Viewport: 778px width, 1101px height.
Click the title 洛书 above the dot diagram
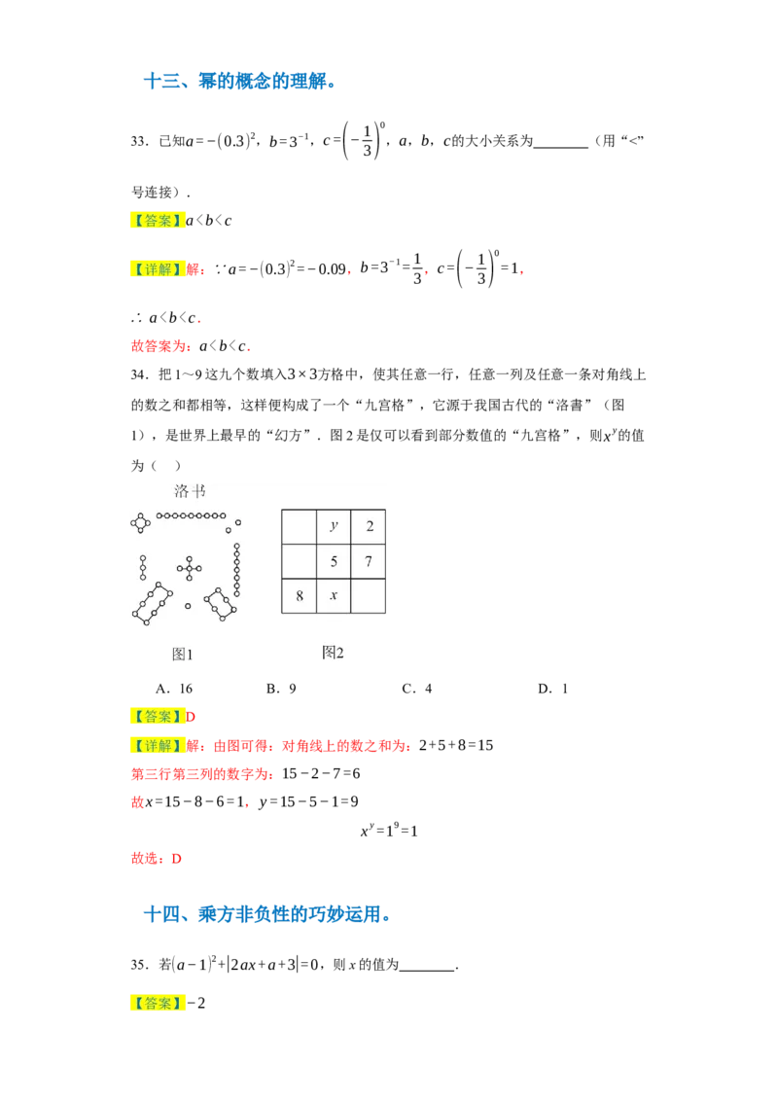(x=190, y=491)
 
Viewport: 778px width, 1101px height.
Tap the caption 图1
(x=183, y=654)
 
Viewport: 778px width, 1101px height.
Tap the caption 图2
(x=333, y=652)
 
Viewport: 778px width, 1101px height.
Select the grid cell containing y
(x=334, y=526)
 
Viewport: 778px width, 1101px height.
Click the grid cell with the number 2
(x=369, y=526)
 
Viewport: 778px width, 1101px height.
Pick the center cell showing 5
(x=334, y=561)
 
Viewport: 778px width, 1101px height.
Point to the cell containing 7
(x=369, y=561)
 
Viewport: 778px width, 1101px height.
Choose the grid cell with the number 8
(x=300, y=595)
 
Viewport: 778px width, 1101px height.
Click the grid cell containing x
(x=334, y=595)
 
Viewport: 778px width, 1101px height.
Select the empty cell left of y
(x=300, y=526)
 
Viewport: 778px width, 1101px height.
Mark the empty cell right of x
(x=369, y=595)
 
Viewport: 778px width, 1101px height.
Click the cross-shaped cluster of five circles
(x=190, y=568)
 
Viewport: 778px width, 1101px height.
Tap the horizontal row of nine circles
(x=192, y=515)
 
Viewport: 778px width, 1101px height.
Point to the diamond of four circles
(x=141, y=523)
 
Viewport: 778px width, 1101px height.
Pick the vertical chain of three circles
(x=143, y=567)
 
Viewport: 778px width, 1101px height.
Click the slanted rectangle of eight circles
(x=153, y=602)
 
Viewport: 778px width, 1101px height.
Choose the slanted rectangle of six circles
(x=221, y=604)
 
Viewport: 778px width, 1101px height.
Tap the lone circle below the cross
(x=188, y=606)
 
